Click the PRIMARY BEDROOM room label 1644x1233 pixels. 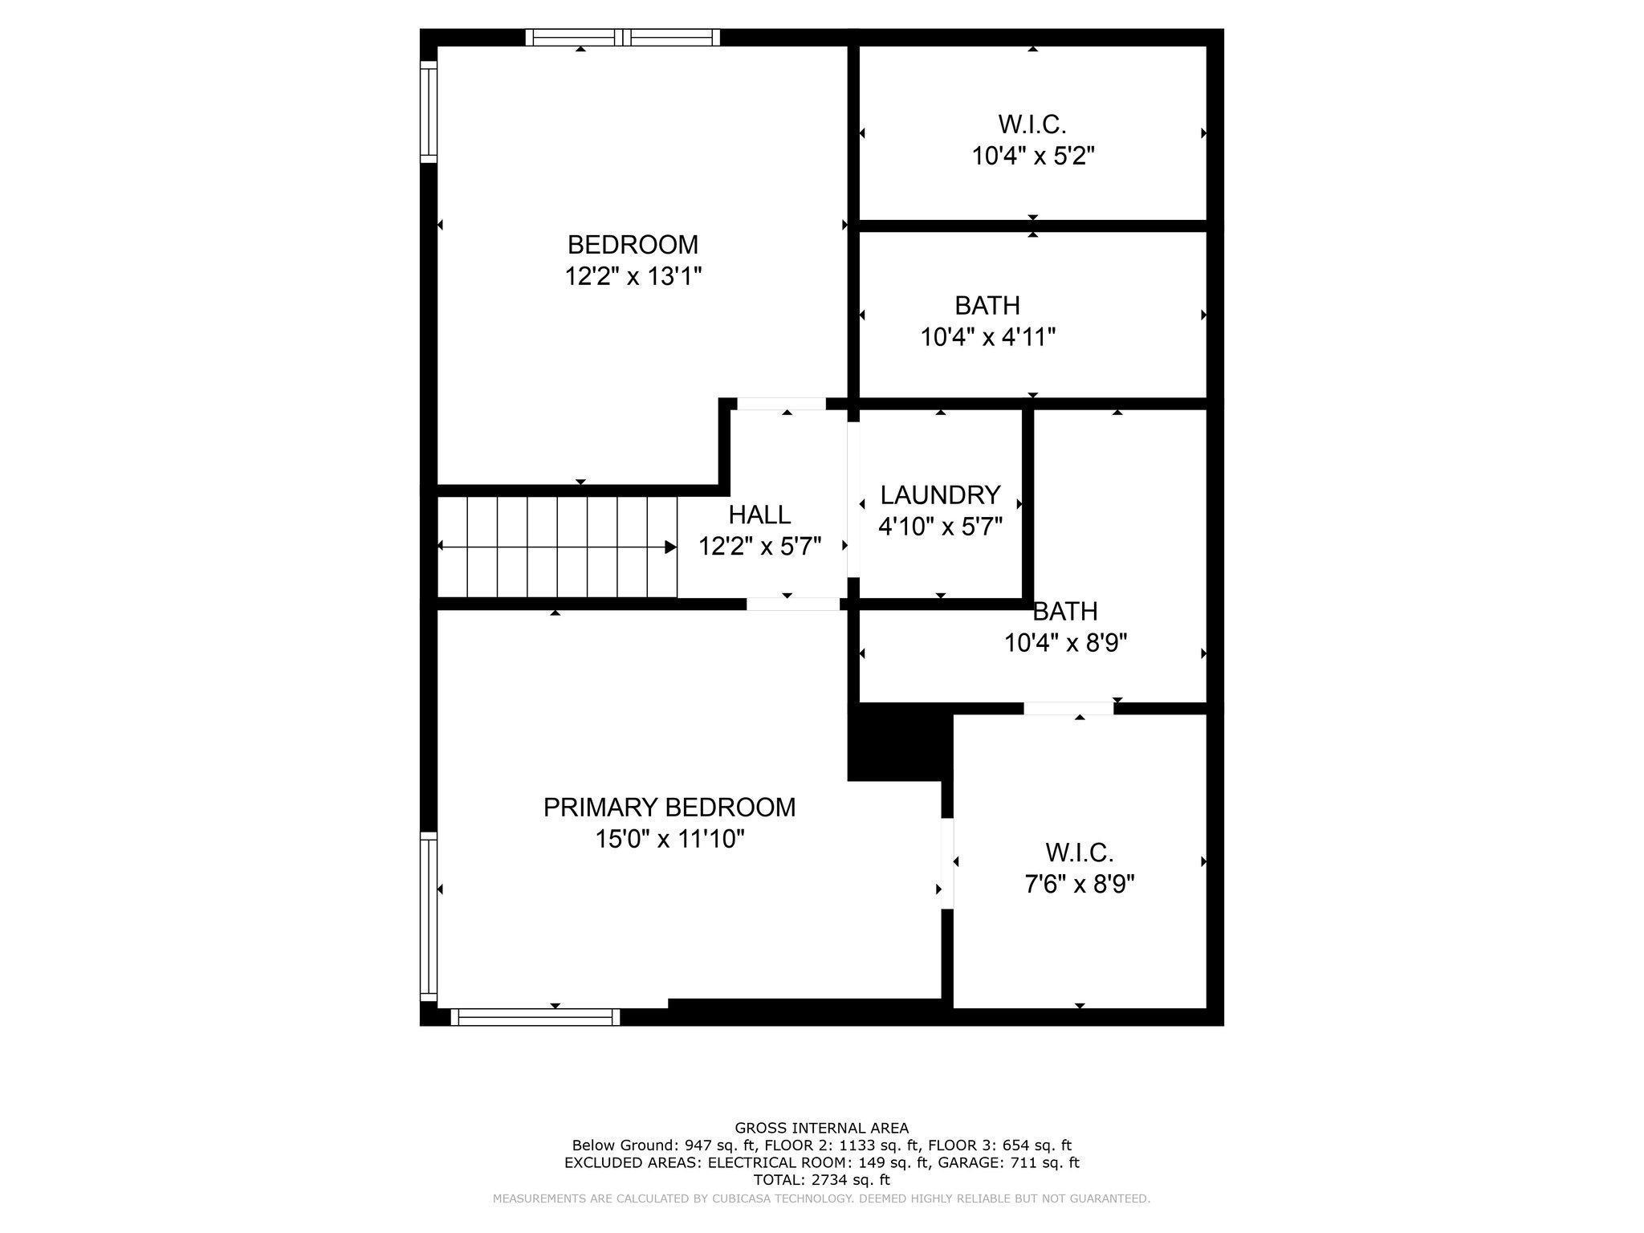[669, 807]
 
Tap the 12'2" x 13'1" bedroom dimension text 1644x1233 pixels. [633, 276]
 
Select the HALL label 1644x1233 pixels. [759, 514]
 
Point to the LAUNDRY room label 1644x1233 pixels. [940, 494]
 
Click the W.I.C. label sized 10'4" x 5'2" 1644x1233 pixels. [1032, 124]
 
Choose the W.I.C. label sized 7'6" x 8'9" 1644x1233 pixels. [1080, 852]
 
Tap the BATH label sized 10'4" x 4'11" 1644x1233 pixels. [987, 305]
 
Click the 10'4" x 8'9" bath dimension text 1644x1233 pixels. [1066, 643]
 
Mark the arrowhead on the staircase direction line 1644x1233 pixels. [671, 547]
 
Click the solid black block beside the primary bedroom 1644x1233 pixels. [898, 742]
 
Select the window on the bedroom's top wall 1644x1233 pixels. [623, 37]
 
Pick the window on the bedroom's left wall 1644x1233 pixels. [429, 112]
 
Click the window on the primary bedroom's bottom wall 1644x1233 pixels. [535, 1017]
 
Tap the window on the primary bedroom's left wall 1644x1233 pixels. [429, 916]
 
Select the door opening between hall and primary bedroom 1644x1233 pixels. [793, 604]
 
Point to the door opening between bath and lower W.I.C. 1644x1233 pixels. [1068, 708]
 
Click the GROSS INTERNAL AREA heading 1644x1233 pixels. [822, 1128]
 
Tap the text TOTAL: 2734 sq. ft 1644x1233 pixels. [822, 1180]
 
